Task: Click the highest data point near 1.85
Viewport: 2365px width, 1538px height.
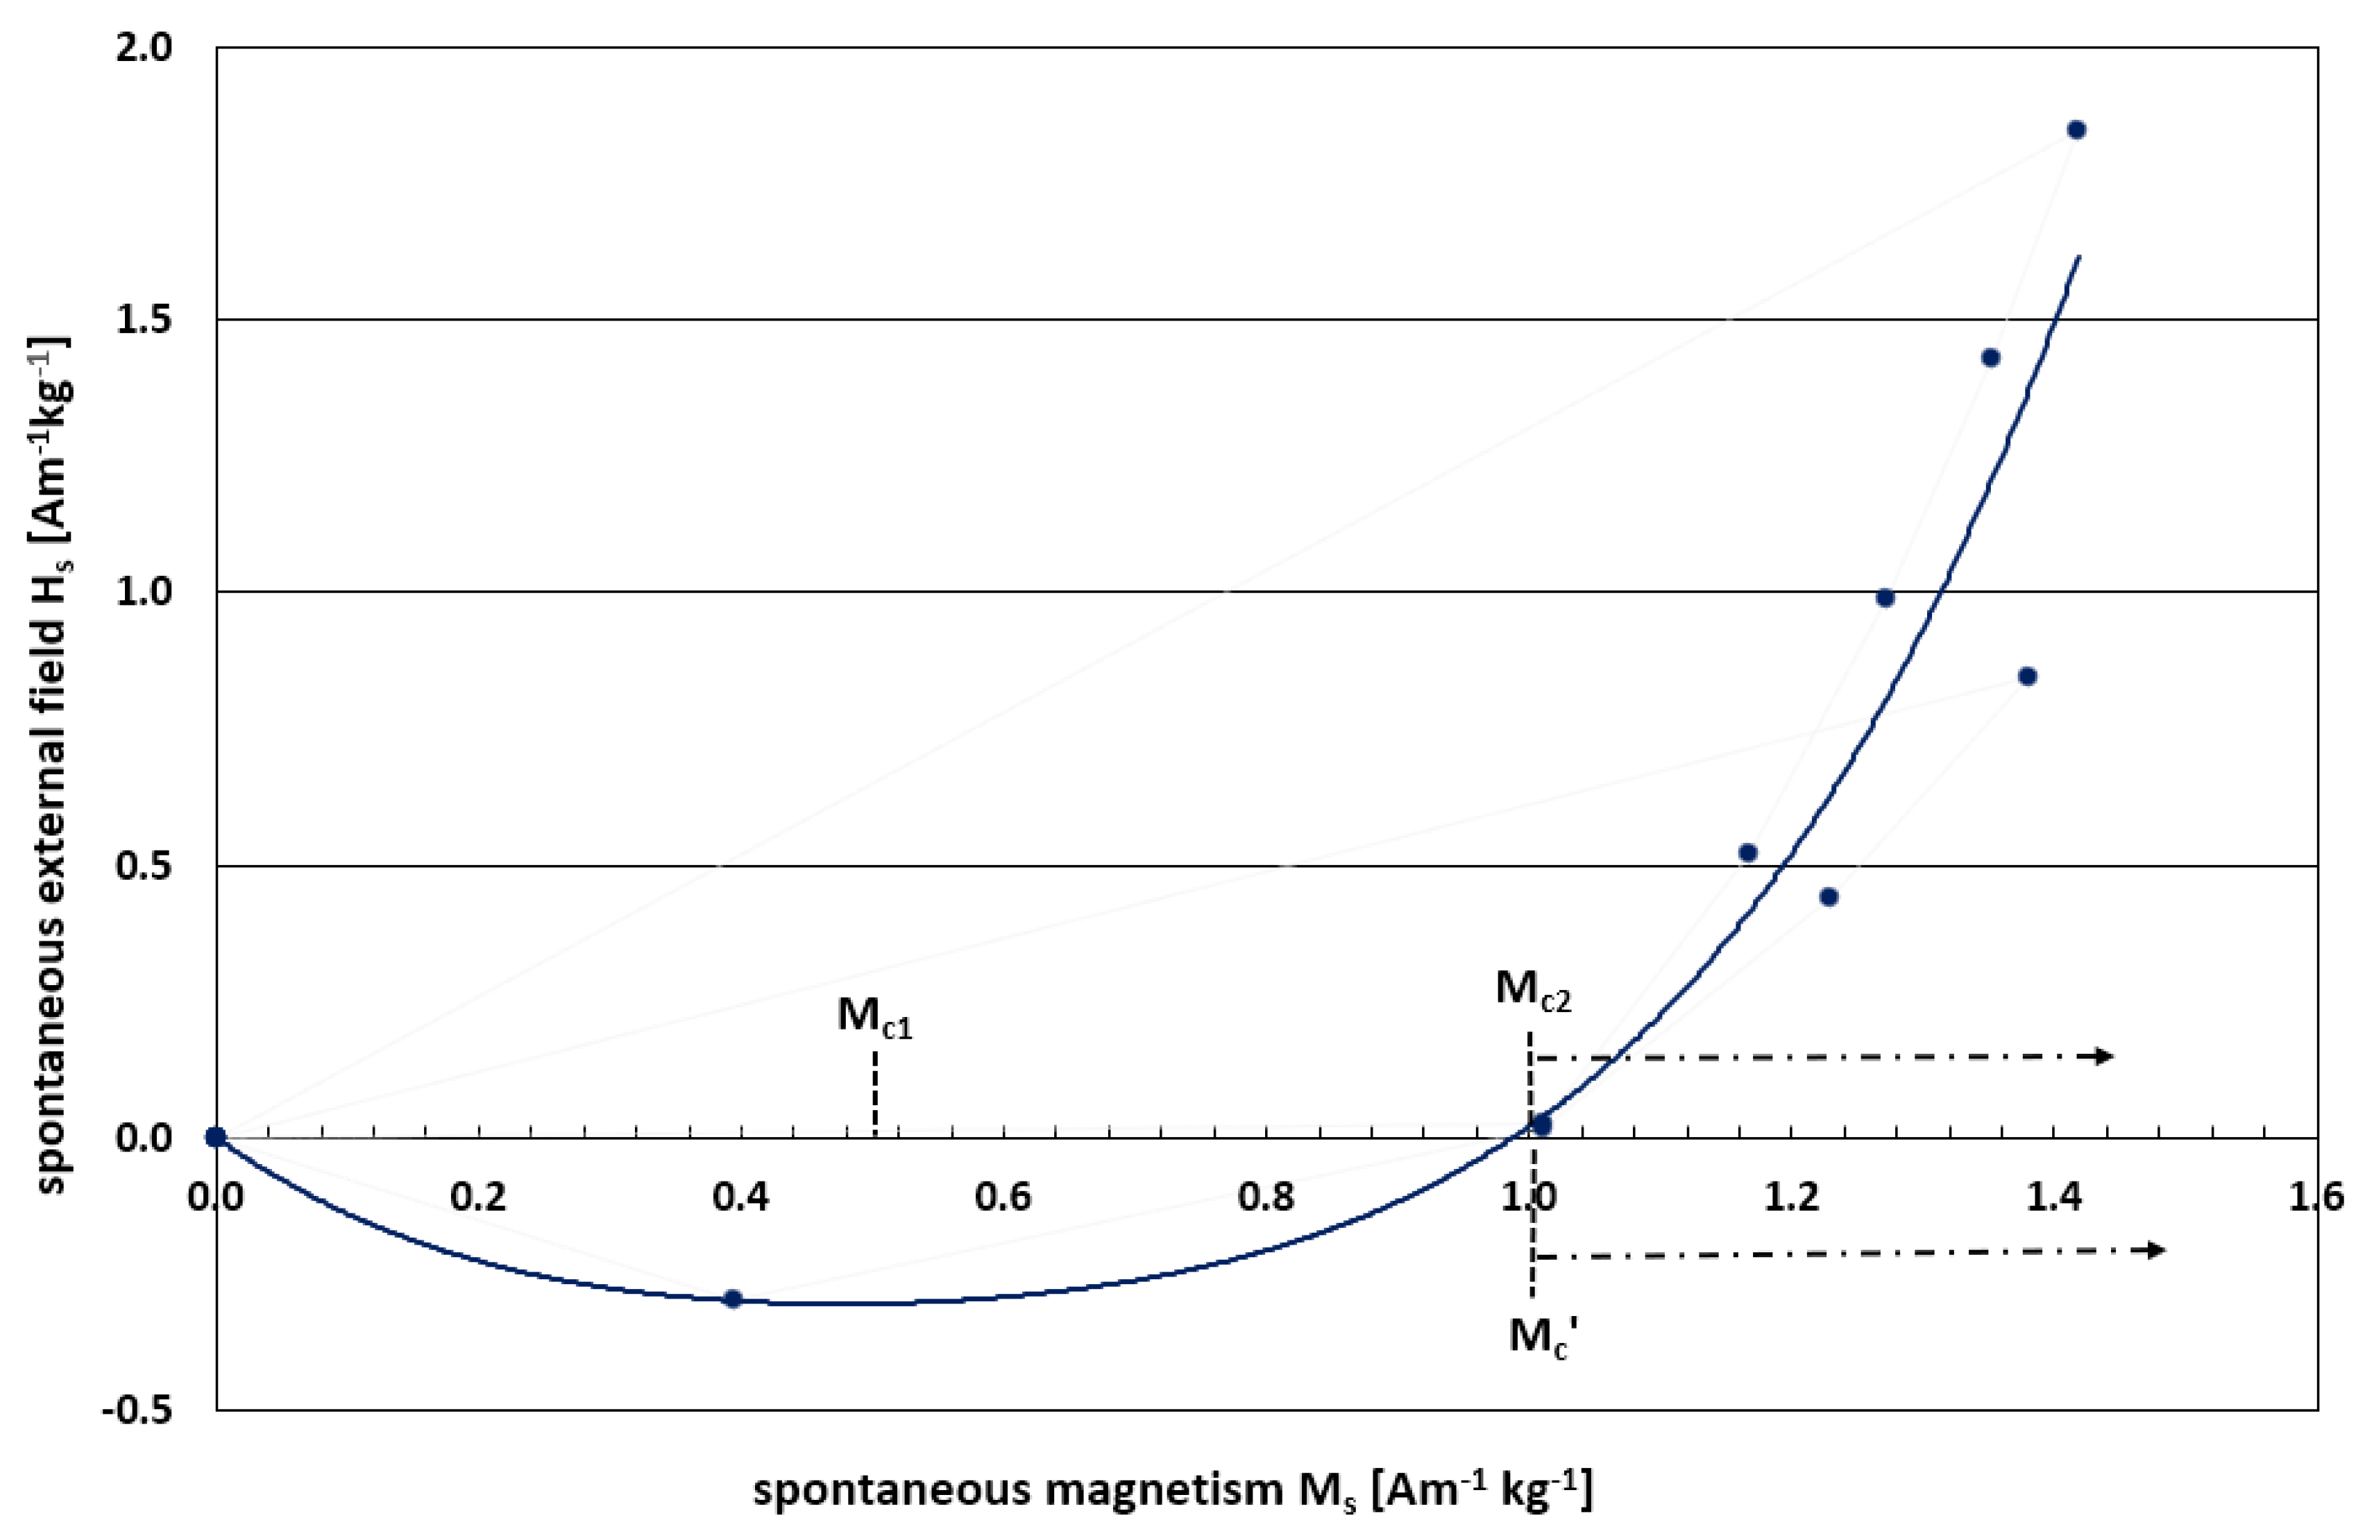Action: (x=2076, y=130)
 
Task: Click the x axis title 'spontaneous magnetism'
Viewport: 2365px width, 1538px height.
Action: (x=1173, y=1490)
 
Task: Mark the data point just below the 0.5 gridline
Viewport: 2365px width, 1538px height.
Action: (x=1829, y=897)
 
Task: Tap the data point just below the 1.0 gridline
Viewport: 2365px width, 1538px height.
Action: (x=1885, y=598)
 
